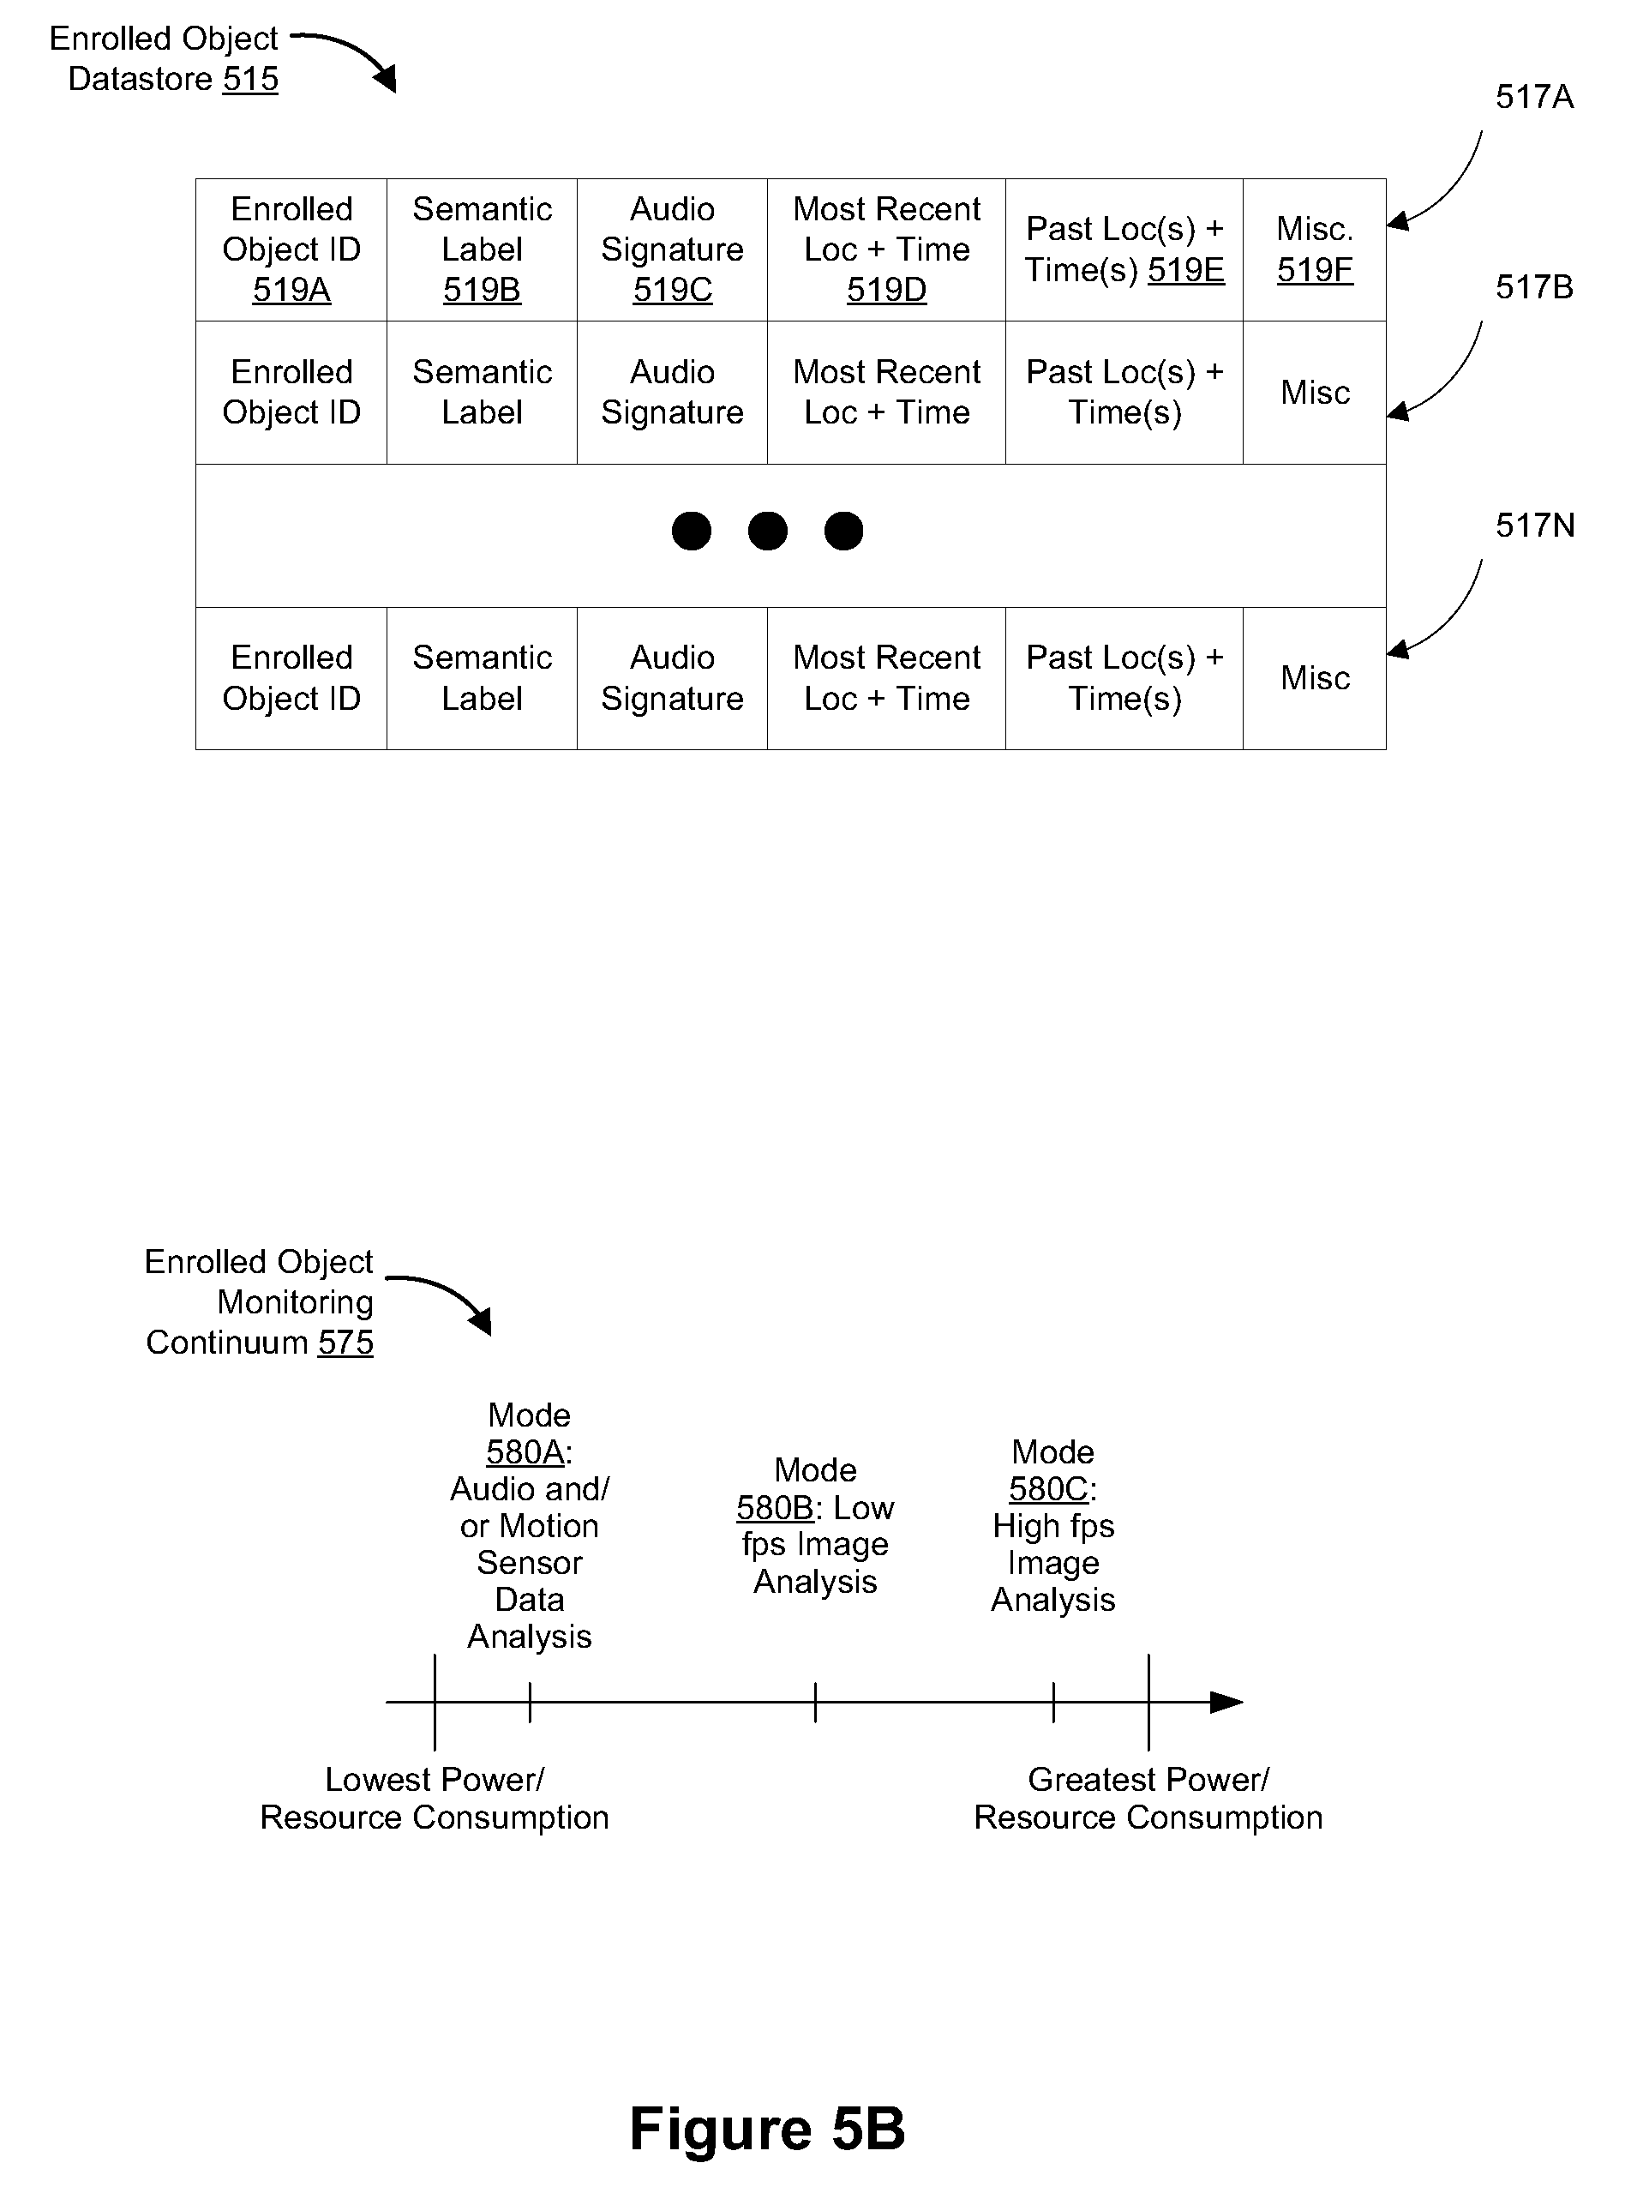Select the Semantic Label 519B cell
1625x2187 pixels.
482,249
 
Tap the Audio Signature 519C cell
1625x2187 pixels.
672,249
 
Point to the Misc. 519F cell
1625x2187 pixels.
1314,249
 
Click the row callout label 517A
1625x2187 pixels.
1534,96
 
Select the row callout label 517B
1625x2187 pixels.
1534,287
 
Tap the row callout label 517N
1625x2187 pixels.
1534,526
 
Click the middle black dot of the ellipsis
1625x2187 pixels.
767,532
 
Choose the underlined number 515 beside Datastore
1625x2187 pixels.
251,79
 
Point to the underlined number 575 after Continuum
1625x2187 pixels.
346,1342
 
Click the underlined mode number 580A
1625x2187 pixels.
525,1452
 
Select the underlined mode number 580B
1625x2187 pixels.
775,1507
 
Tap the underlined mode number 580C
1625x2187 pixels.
1048,1488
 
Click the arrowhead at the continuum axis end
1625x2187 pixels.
1226,1702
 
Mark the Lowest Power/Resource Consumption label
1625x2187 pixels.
435,1799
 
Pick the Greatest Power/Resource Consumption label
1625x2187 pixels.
1148,1799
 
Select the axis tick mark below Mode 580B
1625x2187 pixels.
815,1702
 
